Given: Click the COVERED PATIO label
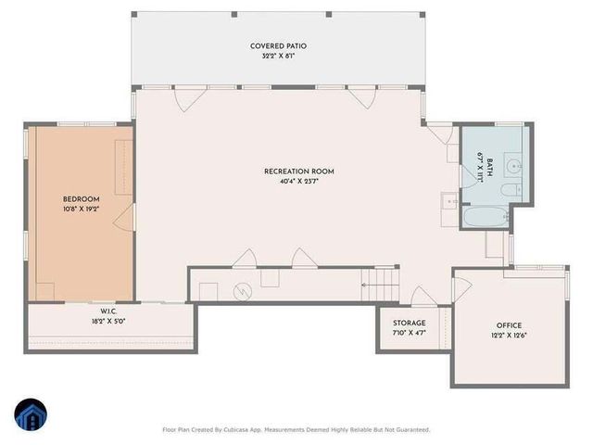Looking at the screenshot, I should click(278, 45).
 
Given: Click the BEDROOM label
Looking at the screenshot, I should click(81, 199).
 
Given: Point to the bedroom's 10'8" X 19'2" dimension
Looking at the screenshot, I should click(81, 210).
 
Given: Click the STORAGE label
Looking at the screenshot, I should click(409, 323).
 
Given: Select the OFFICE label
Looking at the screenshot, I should click(509, 325).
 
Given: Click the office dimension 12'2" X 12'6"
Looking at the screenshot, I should click(509, 336).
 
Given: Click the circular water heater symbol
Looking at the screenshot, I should click(242, 290).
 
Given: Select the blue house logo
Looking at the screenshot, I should click(31, 414).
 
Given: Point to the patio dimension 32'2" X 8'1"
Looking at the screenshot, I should click(278, 56).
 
